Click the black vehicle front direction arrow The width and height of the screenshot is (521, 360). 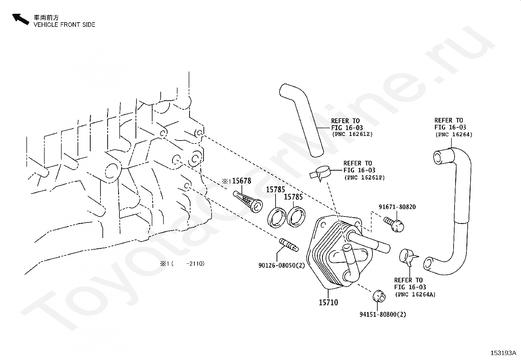tap(21, 19)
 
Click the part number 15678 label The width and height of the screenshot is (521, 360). tap(242, 181)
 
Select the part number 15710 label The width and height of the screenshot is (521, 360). tap(328, 302)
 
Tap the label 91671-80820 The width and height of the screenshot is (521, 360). tap(397, 207)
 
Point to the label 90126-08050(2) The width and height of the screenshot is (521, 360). tap(281, 265)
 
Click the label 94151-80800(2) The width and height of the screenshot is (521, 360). tap(383, 314)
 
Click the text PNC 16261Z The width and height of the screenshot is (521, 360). tap(352, 134)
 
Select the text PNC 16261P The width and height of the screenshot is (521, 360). tap(365, 178)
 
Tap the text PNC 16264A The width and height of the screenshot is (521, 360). tap(415, 294)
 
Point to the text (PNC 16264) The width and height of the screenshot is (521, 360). tap(454, 135)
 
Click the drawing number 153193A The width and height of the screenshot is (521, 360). tap(503, 353)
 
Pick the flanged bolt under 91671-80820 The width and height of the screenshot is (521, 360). tap(394, 224)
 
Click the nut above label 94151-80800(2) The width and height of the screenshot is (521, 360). tap(379, 296)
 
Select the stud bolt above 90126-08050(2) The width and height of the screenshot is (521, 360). tap(289, 245)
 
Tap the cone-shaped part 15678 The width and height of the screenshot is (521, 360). tap(248, 201)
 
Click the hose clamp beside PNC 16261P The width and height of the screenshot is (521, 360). tap(320, 173)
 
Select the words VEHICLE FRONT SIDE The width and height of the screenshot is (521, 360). tap(64, 25)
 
